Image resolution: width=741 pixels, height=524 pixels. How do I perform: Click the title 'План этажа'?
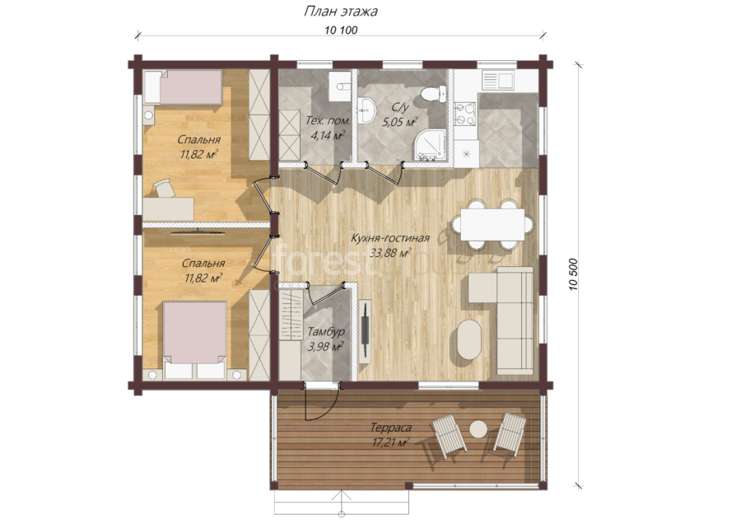click(x=340, y=11)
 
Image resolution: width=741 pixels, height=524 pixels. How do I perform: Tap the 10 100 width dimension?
click(x=341, y=30)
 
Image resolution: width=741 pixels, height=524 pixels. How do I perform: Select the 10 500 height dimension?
click(x=573, y=274)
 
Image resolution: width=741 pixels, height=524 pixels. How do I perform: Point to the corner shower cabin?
click(x=430, y=145)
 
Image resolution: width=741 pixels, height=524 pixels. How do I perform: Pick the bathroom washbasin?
click(x=366, y=110)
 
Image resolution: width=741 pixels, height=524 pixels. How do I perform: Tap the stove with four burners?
click(x=464, y=114)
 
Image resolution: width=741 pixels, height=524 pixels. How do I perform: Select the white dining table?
click(x=492, y=224)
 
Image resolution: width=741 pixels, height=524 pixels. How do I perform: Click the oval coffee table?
click(x=469, y=339)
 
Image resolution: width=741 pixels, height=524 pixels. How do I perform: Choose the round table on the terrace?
click(x=478, y=429)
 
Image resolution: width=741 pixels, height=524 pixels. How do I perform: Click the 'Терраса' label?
click(x=390, y=428)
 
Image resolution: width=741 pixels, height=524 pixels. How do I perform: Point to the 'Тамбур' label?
click(x=325, y=332)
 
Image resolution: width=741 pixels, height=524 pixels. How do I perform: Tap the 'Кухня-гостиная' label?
click(x=390, y=238)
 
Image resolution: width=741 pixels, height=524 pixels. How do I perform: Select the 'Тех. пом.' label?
click(x=328, y=120)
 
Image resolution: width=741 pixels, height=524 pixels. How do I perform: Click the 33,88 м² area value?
click(x=390, y=253)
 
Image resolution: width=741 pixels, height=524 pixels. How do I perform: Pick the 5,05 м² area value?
click(x=399, y=122)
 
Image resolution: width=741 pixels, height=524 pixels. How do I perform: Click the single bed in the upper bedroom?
click(x=183, y=87)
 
